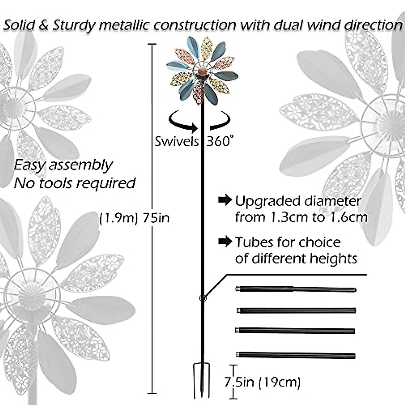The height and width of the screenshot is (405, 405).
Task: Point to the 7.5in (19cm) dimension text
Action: point(262,382)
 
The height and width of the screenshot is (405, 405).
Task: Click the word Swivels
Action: point(177,141)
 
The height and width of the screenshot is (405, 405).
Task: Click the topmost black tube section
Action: point(296,289)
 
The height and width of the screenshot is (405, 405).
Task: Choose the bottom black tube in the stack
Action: point(296,355)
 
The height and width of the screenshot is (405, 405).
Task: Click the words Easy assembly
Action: point(63,165)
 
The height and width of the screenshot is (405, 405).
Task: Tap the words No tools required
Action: point(74,183)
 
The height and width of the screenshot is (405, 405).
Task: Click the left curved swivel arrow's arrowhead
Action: point(194,129)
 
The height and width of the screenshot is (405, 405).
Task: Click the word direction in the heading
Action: point(374,25)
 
